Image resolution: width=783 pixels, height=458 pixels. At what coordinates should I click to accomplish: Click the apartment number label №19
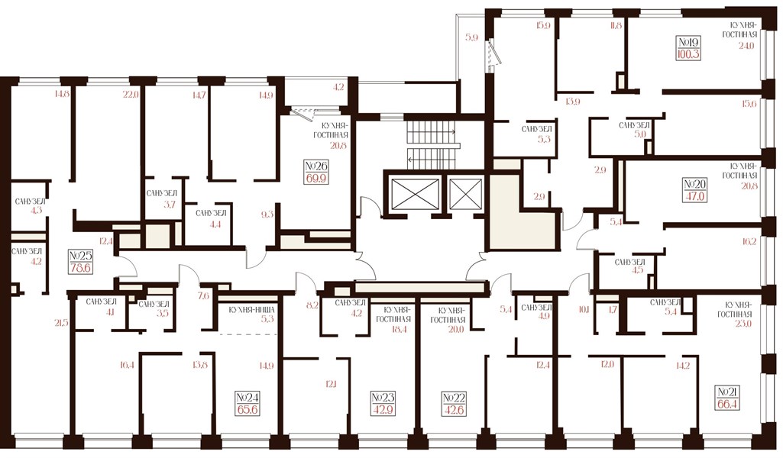tap(688, 42)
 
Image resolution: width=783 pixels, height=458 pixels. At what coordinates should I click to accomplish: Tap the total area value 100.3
tap(688, 54)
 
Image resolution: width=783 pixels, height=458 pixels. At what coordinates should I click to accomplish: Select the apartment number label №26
tap(316, 166)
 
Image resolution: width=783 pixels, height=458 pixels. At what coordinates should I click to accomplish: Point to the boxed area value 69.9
tap(316, 178)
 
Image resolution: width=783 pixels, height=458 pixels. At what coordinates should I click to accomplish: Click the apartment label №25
tap(81, 256)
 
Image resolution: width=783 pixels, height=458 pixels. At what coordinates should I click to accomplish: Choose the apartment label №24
tap(248, 398)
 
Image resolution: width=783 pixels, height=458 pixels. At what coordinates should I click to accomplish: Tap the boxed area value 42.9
tap(383, 410)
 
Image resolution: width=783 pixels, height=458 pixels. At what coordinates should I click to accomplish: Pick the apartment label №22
tap(455, 398)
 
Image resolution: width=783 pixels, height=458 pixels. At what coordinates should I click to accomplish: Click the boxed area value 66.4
tap(727, 402)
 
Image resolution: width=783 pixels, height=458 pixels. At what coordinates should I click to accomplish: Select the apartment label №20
tap(695, 185)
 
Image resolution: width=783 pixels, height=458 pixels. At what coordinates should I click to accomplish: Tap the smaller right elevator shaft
tap(465, 193)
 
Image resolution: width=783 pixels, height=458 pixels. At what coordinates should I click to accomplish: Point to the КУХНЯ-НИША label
tap(251, 310)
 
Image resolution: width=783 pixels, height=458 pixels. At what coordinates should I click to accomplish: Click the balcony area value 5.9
tap(472, 37)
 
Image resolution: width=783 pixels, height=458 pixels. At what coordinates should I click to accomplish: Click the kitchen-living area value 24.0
tap(746, 45)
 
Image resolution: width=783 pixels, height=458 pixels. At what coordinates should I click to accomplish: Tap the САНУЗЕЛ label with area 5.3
tap(537, 129)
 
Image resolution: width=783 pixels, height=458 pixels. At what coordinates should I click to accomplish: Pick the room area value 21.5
tap(61, 323)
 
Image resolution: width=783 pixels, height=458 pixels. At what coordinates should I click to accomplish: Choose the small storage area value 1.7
tap(613, 309)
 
